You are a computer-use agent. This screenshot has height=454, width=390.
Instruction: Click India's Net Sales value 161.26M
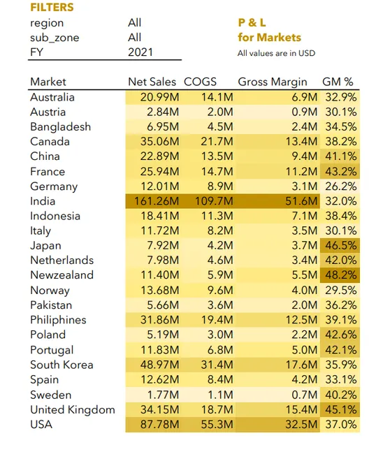pos(157,201)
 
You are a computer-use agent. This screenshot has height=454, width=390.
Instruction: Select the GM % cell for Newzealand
pos(341,274)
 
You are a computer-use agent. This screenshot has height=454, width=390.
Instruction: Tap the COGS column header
pos(200,82)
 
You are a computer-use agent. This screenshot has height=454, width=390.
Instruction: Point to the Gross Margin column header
pos(273,82)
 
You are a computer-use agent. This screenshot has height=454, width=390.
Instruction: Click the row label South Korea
pos(62,365)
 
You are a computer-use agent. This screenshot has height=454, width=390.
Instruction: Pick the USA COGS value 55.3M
pos(217,425)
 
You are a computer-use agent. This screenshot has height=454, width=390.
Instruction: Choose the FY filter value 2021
pos(140,52)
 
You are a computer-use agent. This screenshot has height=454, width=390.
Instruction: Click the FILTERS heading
pos(52,7)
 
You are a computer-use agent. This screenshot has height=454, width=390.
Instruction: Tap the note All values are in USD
pos(276,53)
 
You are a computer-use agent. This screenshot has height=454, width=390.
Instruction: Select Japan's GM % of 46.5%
pos(341,246)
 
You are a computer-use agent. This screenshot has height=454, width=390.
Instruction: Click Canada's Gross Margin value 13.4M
pos(302,142)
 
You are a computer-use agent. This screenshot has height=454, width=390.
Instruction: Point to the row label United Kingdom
pos(73,410)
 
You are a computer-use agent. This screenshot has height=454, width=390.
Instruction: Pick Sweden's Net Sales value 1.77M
pos(163,395)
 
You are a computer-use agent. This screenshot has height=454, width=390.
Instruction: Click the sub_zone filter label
pos(55,38)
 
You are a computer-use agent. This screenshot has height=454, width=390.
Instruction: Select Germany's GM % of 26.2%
pos(341,186)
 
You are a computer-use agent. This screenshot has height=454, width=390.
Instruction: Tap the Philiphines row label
pos(58,320)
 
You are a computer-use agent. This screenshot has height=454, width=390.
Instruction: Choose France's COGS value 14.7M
pos(217,172)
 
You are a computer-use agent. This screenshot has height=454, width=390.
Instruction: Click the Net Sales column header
pos(152,82)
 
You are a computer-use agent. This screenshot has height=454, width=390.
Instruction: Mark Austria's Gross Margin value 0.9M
pos(305,112)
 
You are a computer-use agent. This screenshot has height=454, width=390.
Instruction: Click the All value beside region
pos(135,23)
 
